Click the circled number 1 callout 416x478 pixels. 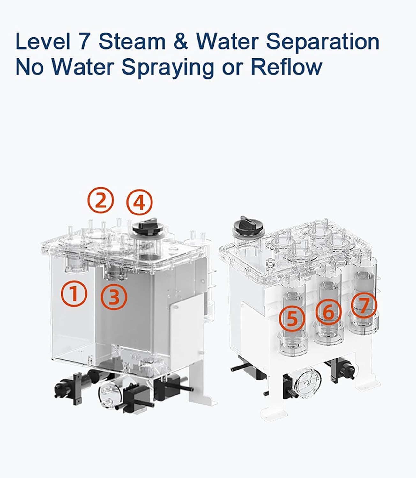[74, 293]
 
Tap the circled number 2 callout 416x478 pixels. [100, 200]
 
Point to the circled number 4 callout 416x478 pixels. [139, 202]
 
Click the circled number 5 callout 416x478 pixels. [292, 319]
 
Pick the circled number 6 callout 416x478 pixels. [328, 312]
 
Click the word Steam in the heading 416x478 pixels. [132, 41]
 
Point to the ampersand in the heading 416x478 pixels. [181, 41]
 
